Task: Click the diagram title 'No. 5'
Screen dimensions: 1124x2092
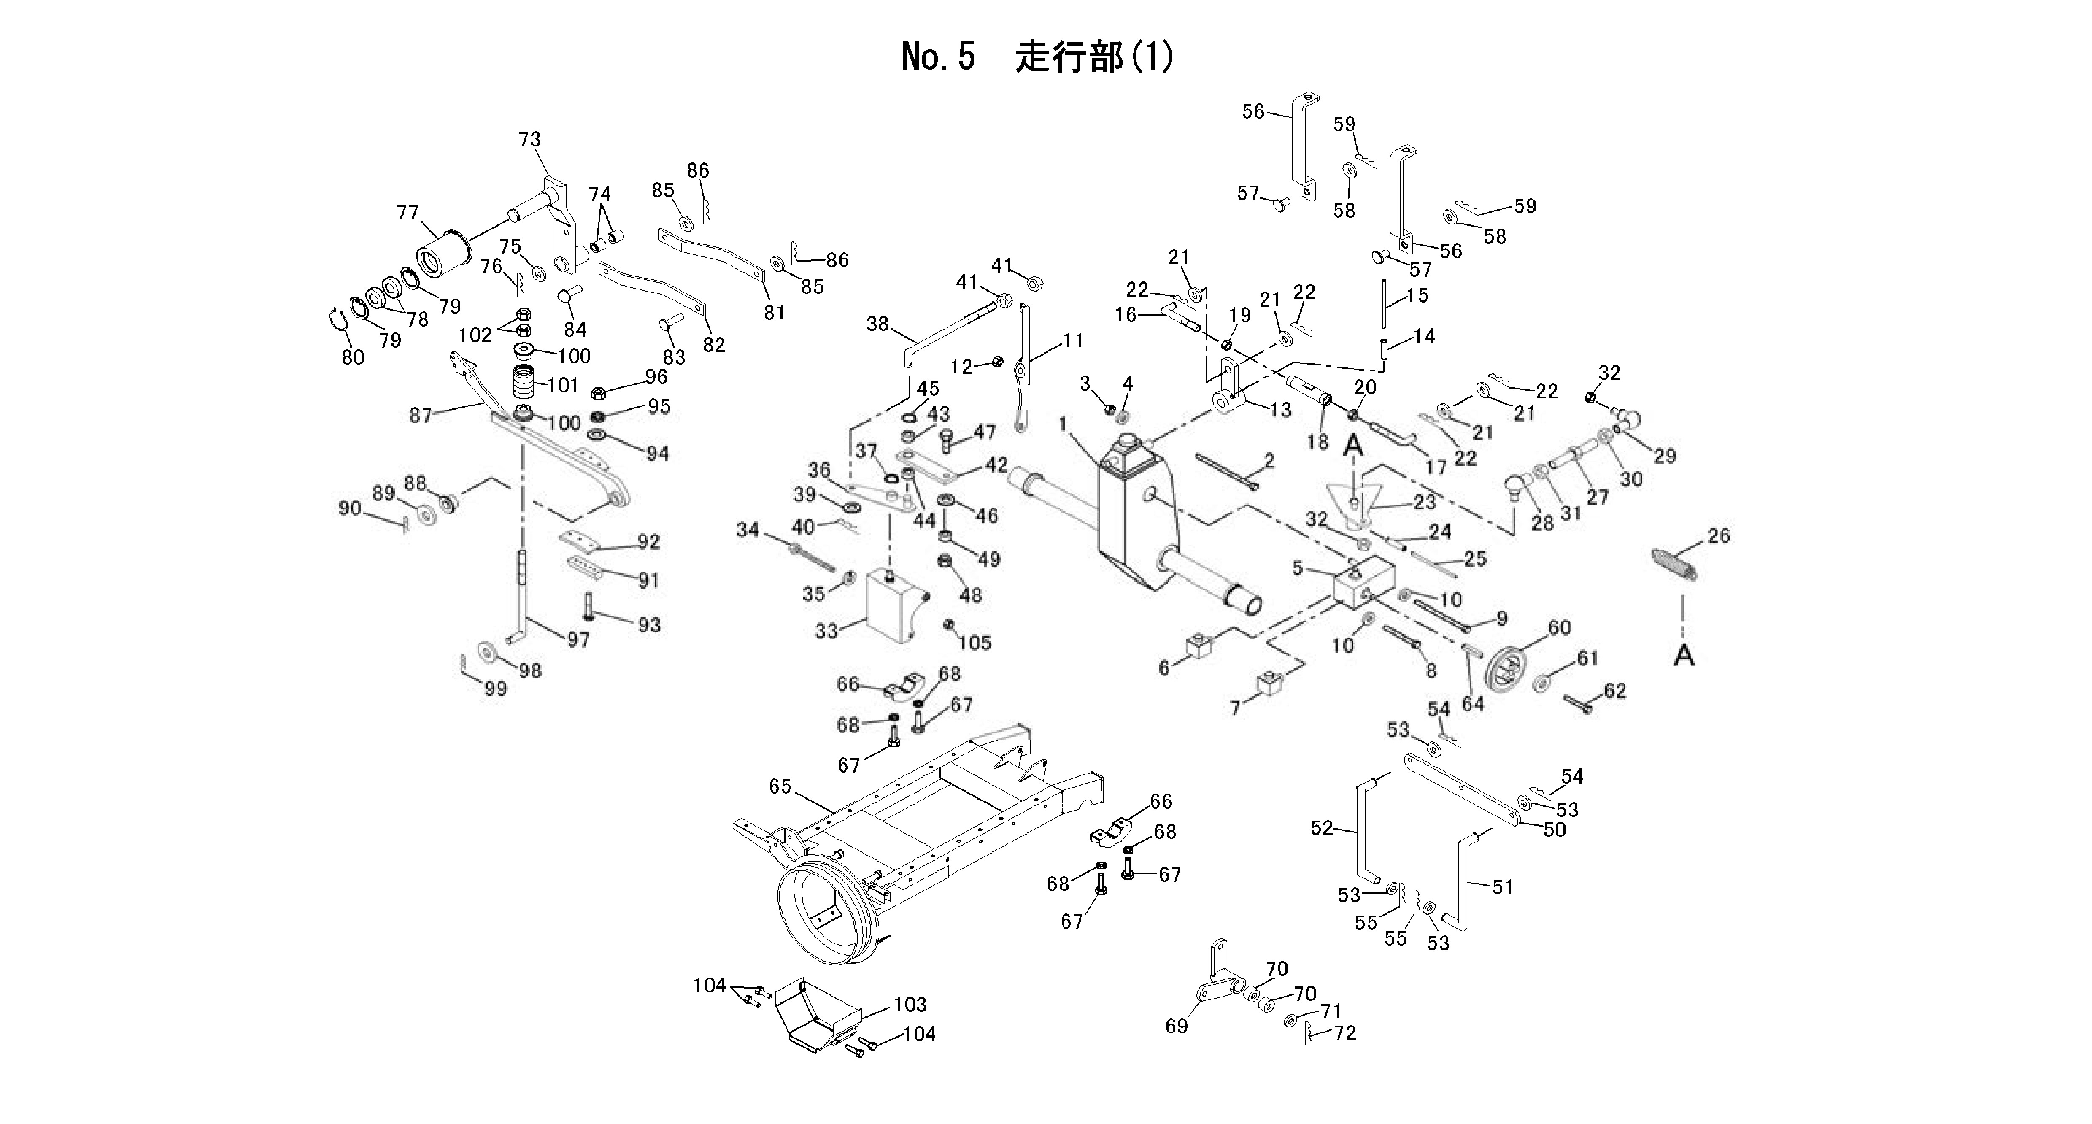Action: point(938,57)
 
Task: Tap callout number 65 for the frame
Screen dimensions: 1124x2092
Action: point(780,786)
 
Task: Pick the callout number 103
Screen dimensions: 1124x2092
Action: point(910,1005)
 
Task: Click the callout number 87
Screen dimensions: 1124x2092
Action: point(420,416)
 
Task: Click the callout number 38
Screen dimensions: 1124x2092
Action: point(877,324)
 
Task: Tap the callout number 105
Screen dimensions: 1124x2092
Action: point(974,643)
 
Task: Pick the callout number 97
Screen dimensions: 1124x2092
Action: point(578,640)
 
